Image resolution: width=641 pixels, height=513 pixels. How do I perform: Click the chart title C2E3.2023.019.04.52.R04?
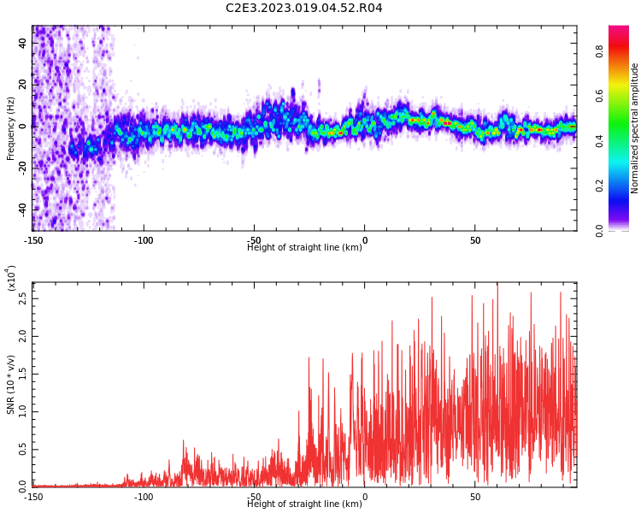coord(303,9)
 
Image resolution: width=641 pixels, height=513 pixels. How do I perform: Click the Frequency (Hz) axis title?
coord(11,128)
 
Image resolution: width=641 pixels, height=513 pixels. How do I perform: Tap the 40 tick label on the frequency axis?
coord(23,43)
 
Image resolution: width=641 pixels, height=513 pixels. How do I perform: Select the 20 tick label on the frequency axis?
coord(23,85)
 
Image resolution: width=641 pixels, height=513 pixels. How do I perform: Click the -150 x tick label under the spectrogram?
coord(32,240)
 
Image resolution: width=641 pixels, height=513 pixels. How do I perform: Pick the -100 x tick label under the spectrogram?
coord(144,240)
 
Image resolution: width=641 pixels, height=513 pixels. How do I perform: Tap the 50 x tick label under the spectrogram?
coord(475,240)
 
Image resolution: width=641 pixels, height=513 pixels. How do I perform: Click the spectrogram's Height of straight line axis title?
coord(304,248)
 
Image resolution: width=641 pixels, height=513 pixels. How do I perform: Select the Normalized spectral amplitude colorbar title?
coord(635,128)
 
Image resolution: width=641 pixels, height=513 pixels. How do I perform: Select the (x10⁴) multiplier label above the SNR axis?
coord(11,279)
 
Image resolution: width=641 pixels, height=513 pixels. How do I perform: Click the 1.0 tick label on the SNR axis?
coord(23,411)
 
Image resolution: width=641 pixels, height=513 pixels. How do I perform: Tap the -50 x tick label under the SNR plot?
coord(254,496)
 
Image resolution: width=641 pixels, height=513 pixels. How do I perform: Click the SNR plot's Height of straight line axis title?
coord(304,504)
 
